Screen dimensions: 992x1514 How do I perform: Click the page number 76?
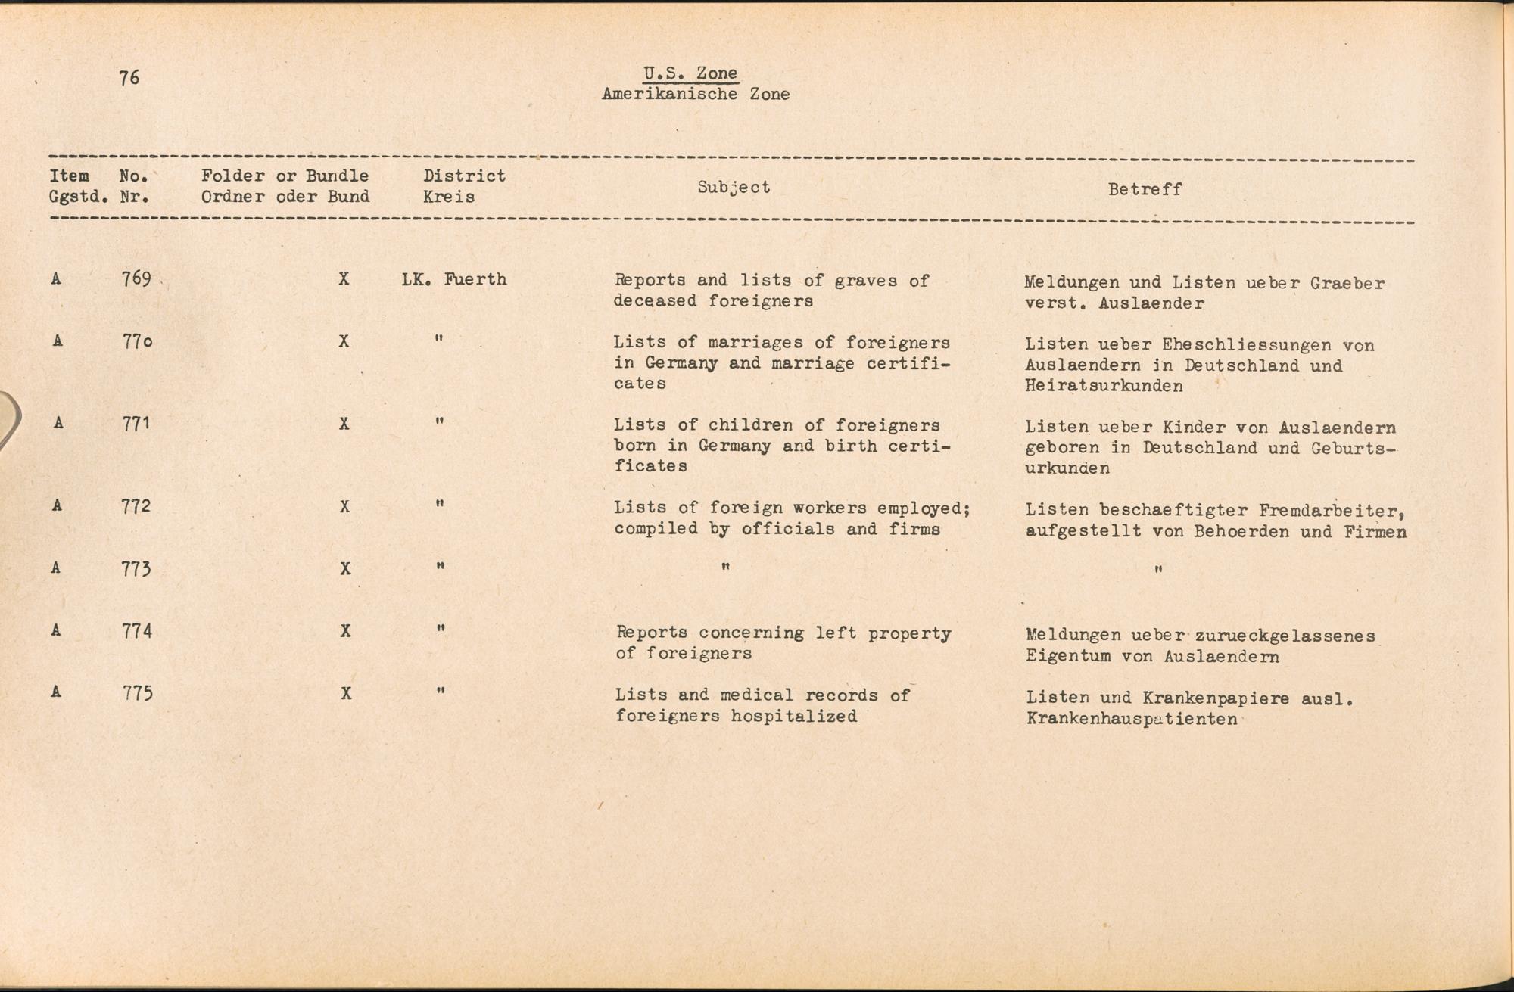129,78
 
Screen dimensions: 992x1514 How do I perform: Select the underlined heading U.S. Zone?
690,73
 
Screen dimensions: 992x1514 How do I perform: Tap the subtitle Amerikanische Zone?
695,95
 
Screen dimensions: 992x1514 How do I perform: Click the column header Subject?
734,188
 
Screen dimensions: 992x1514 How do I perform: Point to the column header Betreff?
1145,190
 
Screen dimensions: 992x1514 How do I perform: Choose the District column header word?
464,176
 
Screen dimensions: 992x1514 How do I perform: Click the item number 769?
136,279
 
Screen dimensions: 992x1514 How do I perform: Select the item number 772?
136,506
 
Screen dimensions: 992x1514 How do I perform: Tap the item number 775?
138,694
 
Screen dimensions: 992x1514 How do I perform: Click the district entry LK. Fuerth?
453,280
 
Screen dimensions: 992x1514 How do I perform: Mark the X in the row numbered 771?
344,424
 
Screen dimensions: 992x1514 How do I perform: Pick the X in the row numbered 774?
345,631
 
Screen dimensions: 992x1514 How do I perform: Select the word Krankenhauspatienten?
1132,719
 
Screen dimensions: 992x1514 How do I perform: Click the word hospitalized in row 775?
794,716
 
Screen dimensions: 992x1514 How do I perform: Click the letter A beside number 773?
56,568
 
